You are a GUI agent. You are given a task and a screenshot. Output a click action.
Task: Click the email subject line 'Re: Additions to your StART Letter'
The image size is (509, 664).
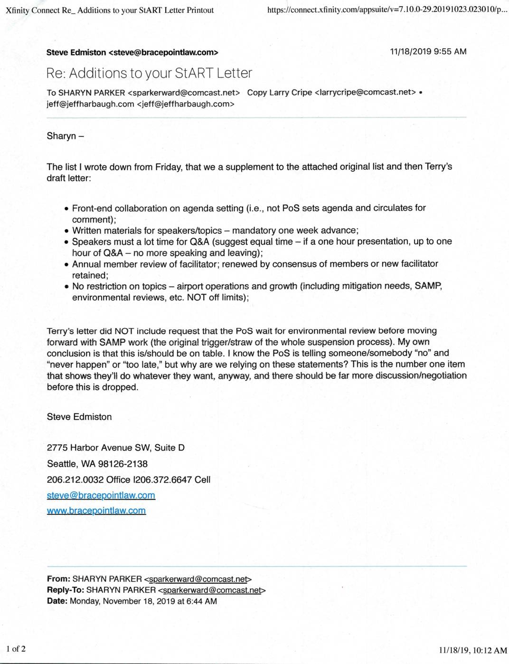point(149,73)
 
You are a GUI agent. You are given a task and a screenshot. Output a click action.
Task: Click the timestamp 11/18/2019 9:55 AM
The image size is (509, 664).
point(428,51)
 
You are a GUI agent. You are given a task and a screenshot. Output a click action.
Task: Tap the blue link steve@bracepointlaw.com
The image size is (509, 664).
point(101,495)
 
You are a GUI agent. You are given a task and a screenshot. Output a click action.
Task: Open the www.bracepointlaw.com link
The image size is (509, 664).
point(96,510)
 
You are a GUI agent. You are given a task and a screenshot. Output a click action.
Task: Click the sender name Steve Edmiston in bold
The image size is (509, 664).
point(76,53)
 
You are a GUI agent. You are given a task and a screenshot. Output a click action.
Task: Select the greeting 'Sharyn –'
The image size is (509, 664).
point(66,136)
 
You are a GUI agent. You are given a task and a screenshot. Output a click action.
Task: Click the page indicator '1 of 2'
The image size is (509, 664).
point(16,649)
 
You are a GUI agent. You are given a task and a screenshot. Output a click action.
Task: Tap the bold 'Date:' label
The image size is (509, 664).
point(57,601)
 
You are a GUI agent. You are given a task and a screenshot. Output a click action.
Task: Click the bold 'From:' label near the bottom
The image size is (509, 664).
point(58,579)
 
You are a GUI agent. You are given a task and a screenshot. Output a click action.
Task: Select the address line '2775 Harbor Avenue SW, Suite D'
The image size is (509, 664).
point(115,447)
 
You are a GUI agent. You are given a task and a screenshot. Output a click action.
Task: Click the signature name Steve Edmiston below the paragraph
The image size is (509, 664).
point(79,417)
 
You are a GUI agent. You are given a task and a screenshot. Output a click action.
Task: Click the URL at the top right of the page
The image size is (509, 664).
point(387,10)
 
